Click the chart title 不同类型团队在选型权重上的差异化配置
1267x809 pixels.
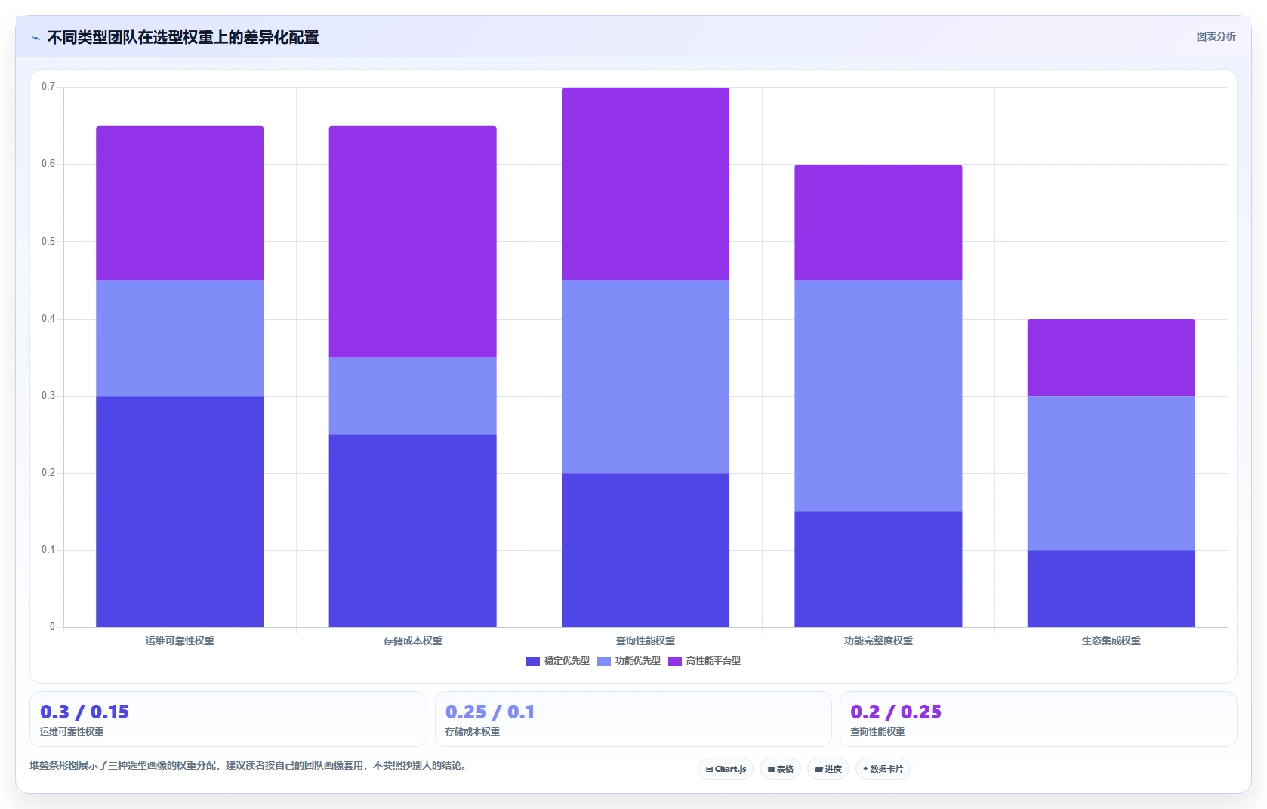point(183,37)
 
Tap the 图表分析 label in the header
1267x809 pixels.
point(1216,37)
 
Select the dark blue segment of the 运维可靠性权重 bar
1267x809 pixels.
point(180,511)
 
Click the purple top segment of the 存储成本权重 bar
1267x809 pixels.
point(413,242)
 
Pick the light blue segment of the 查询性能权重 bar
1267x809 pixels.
point(646,377)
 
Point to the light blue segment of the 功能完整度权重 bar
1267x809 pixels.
point(878,396)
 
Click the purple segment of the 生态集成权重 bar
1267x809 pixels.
point(1111,357)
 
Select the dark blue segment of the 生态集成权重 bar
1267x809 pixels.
point(1111,588)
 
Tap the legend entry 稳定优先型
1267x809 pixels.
point(558,661)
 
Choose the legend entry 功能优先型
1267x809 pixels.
point(629,661)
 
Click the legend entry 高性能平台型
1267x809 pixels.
point(704,661)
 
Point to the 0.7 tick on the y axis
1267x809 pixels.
point(48,87)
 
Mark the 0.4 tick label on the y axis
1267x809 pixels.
point(48,319)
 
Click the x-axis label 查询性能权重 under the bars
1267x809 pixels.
point(646,641)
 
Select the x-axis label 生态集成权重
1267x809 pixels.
point(1111,641)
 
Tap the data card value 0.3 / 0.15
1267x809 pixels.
point(85,712)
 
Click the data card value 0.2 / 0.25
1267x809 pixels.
point(896,712)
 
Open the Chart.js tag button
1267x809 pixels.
point(726,769)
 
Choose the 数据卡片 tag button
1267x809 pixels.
point(883,769)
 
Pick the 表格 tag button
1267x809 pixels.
point(781,769)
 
